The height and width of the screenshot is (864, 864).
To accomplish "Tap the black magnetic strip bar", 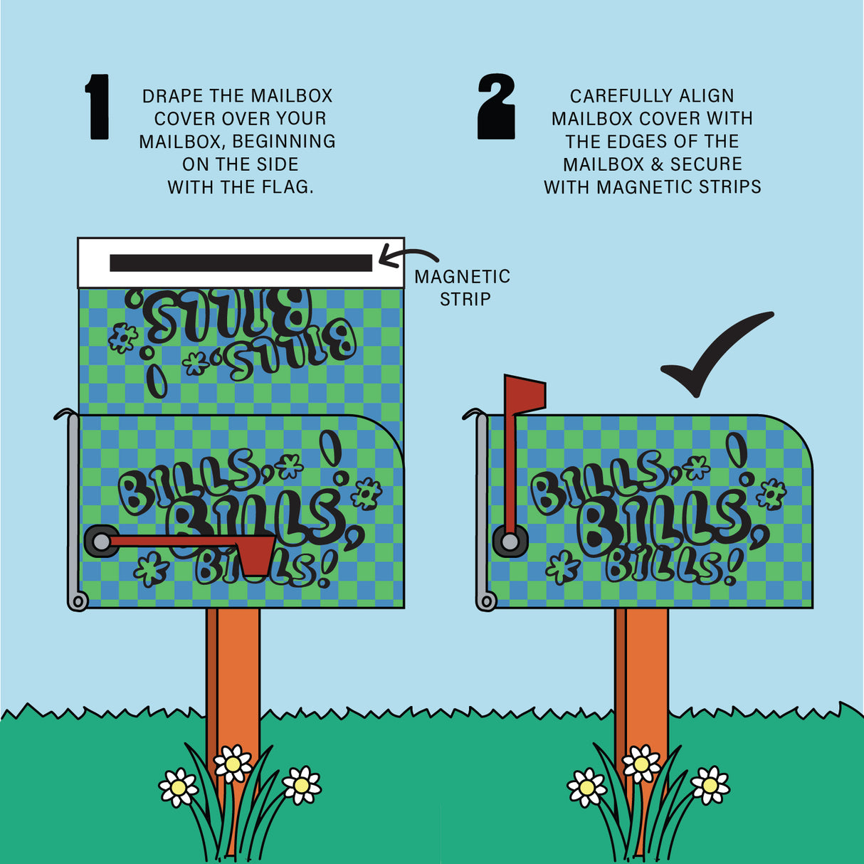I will (241, 263).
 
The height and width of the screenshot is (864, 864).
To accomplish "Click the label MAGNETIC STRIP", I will (463, 288).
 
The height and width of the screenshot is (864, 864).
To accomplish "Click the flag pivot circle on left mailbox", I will (102, 542).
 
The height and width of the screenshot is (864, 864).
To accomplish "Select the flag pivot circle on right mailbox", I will (510, 542).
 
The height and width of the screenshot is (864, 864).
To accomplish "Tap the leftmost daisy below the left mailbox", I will (177, 787).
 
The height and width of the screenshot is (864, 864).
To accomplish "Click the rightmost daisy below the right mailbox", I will (710, 785).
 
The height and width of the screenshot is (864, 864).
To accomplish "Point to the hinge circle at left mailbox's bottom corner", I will (78, 602).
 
